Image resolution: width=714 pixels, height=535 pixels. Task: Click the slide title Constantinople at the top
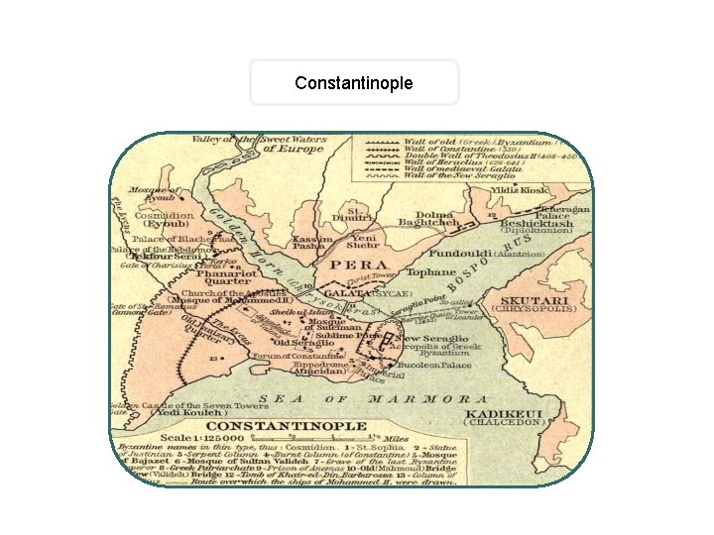(353, 82)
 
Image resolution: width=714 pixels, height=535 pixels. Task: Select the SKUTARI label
(535, 300)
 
